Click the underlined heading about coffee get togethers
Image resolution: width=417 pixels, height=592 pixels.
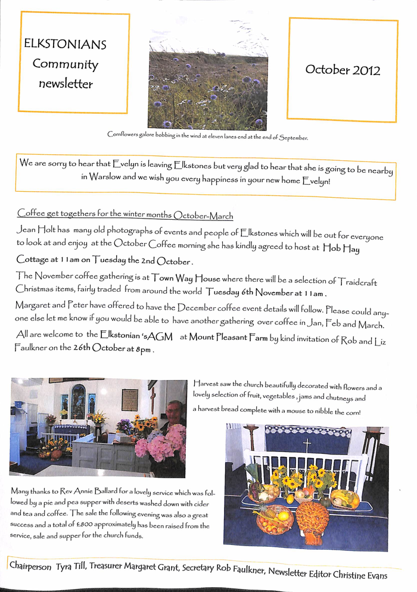(x=125, y=214)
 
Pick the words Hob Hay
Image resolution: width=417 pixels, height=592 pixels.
(x=341, y=249)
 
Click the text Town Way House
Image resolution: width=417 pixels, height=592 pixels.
(x=178, y=278)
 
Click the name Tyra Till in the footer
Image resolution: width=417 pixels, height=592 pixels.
(x=71, y=567)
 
